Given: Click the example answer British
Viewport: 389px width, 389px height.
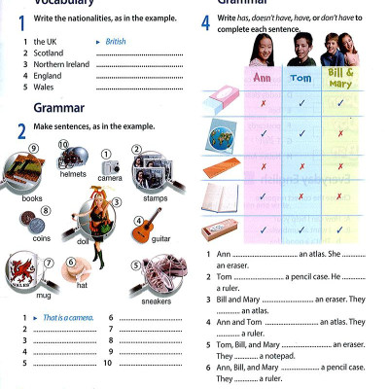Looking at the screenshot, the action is [x=116, y=42].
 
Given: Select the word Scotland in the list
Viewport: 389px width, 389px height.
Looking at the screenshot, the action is [x=49, y=53].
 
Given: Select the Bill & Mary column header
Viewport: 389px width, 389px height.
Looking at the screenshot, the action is [x=339, y=77].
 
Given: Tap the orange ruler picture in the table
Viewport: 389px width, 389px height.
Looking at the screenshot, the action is [x=221, y=167].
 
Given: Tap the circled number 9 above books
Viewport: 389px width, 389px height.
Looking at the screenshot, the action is [x=33, y=149].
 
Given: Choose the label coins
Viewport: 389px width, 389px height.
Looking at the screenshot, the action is [x=41, y=236].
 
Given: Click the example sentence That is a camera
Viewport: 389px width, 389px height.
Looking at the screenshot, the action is [x=64, y=318].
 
